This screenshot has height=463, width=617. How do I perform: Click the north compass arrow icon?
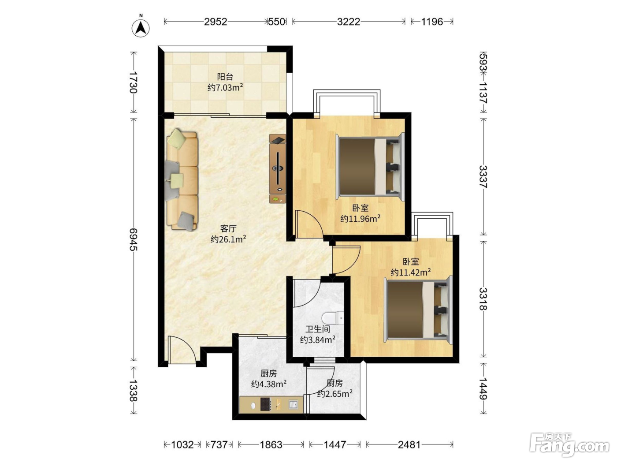[x=141, y=28]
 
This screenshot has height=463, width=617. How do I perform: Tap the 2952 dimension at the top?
[x=216, y=22]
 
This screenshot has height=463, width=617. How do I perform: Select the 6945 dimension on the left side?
[x=133, y=239]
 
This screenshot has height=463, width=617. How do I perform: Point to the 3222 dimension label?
[x=349, y=22]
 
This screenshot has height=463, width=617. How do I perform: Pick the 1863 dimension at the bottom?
[x=271, y=444]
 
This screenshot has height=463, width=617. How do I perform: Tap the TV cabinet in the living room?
[x=278, y=169]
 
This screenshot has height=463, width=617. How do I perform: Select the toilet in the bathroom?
[x=333, y=318]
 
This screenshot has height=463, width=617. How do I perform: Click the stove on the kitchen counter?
[x=266, y=404]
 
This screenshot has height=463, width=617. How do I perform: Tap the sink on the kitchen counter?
[x=293, y=404]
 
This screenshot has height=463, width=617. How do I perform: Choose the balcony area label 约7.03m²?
[x=225, y=87]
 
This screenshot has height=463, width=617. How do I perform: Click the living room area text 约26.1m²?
[x=228, y=239]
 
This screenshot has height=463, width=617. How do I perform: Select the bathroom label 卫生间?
[x=318, y=329]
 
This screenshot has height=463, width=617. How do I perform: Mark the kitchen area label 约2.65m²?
[x=335, y=394]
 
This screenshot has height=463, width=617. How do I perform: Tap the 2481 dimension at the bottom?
[x=409, y=444]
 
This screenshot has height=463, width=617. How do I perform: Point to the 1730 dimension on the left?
[x=133, y=82]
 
